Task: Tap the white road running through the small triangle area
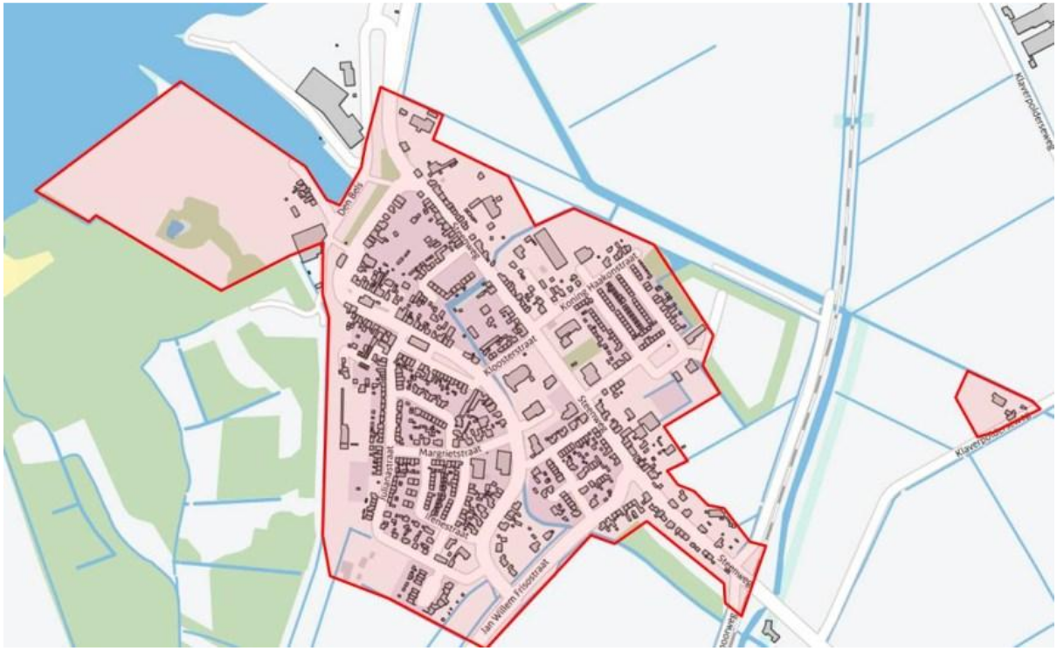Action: [1005, 426]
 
